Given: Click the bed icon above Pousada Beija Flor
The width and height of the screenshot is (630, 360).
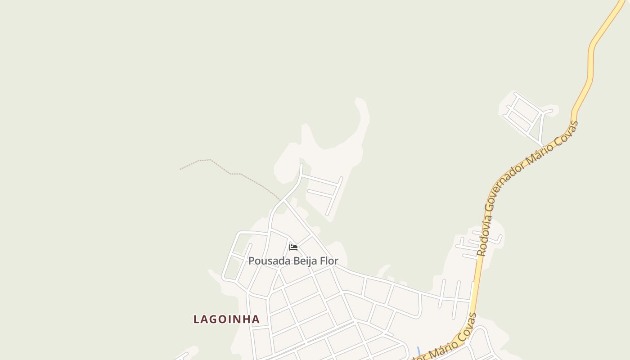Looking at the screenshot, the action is tap(293, 247).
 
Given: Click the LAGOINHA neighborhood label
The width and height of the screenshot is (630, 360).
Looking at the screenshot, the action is tap(226, 319).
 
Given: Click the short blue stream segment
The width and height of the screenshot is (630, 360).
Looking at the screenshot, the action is tap(418, 351).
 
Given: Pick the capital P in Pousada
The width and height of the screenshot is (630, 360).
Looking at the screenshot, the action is tap(251, 261).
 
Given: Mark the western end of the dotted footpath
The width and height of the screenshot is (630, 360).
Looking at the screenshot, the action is tap(180, 169).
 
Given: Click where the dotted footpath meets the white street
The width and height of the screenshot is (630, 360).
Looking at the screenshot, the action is tap(281, 201).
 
